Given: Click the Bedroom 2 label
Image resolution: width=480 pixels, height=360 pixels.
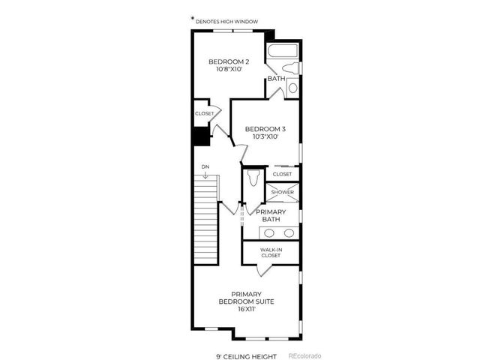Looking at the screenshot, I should [x=229, y=61].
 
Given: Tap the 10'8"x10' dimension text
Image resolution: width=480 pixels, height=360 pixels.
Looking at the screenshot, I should [x=229, y=70].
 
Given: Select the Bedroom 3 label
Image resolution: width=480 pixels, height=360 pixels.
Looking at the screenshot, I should [x=266, y=129].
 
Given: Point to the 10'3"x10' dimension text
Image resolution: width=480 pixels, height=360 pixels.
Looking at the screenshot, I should [x=266, y=137].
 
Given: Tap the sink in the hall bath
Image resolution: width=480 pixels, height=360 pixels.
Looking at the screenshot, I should [x=293, y=88].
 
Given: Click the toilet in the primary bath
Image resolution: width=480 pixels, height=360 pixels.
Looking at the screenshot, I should [x=253, y=178].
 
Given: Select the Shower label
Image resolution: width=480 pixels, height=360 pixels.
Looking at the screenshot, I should [x=283, y=192].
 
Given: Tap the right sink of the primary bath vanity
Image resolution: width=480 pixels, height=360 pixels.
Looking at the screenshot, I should [x=289, y=232].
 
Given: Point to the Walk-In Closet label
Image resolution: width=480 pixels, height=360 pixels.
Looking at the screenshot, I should [x=271, y=253].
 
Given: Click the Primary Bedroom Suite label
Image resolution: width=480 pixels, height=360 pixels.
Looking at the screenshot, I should [x=246, y=298].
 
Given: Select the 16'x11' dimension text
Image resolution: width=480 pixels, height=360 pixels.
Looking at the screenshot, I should [x=246, y=308].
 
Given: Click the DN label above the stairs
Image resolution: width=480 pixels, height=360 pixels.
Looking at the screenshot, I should [x=205, y=166].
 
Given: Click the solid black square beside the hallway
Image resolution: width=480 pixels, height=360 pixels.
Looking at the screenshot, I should [x=200, y=137].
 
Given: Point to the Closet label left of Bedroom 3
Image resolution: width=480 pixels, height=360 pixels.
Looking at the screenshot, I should [x=204, y=113].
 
